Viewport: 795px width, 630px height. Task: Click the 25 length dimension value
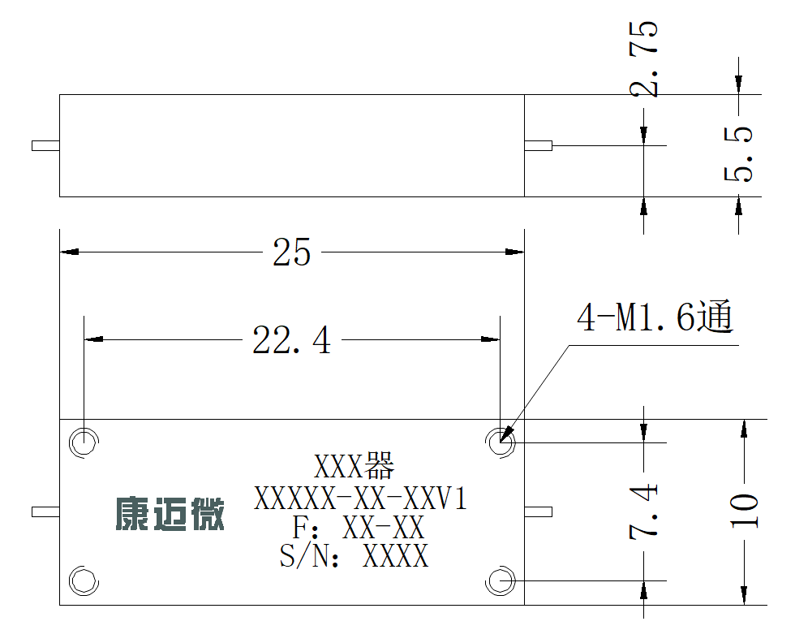pyautogui.click(x=291, y=252)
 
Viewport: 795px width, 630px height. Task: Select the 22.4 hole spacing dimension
pyautogui.click(x=291, y=339)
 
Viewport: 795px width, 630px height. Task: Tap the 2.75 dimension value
pyautogui.click(x=643, y=58)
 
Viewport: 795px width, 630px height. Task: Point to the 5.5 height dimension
pyautogui.click(x=738, y=153)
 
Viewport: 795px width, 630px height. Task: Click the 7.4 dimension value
pyautogui.click(x=643, y=511)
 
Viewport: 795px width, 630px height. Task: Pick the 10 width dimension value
pyautogui.click(x=744, y=511)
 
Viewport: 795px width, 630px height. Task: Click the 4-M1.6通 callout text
pyautogui.click(x=655, y=316)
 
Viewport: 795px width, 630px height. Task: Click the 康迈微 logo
pyautogui.click(x=170, y=514)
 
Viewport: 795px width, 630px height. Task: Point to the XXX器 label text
pyautogui.click(x=354, y=466)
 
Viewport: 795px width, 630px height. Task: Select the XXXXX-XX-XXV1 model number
pyautogui.click(x=360, y=498)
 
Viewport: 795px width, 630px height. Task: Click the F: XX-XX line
pyautogui.click(x=358, y=528)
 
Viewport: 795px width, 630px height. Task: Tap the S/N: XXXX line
pyautogui.click(x=354, y=555)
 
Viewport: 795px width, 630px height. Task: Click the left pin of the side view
pyautogui.click(x=45, y=145)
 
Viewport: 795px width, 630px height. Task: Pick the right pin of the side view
pyautogui.click(x=538, y=145)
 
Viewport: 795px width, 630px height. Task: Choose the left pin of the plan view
pyautogui.click(x=45, y=511)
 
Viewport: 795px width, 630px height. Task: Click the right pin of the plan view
pyautogui.click(x=538, y=511)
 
